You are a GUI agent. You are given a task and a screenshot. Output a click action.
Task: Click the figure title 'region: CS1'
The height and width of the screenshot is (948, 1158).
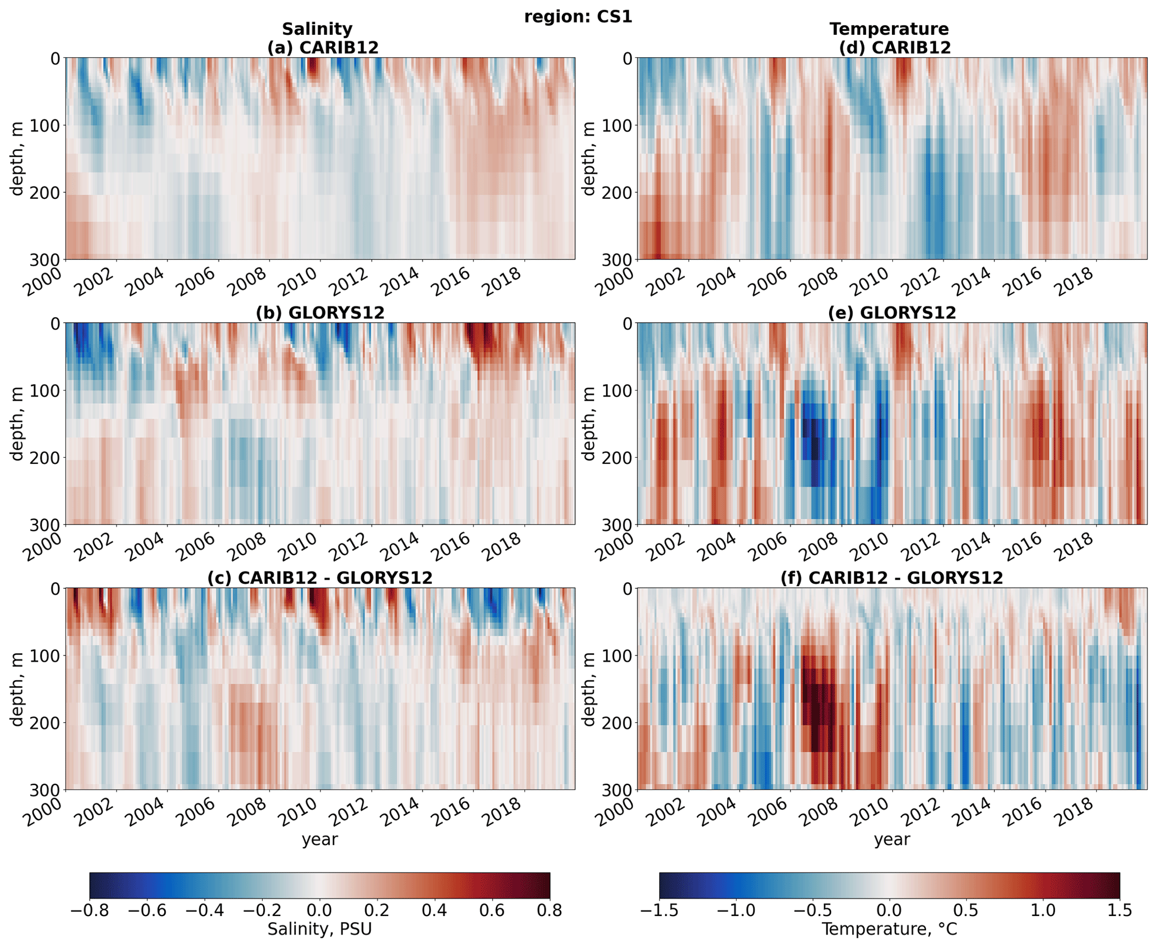pos(578,17)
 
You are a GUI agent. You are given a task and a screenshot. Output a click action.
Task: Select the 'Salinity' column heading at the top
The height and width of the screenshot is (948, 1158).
pos(317,29)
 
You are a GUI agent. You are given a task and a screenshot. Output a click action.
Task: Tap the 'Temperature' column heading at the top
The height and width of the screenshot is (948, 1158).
pos(889,29)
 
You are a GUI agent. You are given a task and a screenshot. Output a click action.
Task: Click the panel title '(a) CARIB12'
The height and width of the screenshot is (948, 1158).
pos(323,48)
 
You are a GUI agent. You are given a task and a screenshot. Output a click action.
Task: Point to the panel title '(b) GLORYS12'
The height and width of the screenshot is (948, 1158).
pos(320,313)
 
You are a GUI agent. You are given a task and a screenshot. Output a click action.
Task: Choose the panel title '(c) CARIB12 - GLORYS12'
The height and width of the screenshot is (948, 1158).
pos(320,578)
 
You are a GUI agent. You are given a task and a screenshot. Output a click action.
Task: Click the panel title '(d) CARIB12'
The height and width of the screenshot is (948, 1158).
pos(895,48)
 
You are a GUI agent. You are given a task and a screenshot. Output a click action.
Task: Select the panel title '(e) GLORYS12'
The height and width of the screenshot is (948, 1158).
pos(892,313)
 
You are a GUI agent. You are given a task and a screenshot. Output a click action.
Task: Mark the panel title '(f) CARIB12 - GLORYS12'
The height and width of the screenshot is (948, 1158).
pos(892,578)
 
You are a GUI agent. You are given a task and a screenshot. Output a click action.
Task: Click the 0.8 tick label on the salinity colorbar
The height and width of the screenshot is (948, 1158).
pos(549,910)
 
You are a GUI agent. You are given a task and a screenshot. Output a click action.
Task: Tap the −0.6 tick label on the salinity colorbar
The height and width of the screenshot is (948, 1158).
pos(147,910)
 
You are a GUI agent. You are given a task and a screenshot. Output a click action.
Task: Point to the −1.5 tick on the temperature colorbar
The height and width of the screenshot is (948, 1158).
pos(659,910)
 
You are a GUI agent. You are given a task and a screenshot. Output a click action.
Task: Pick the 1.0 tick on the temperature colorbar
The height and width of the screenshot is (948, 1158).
pos(1043,910)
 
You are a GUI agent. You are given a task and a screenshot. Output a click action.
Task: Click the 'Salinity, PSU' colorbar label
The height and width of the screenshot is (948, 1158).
pos(319,930)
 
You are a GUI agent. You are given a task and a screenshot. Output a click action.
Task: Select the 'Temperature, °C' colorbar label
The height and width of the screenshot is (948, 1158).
pos(889,930)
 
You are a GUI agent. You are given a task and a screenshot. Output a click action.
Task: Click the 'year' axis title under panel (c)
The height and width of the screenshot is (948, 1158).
pos(320,839)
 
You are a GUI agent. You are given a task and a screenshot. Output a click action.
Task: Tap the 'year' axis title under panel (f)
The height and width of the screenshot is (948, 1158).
pos(892,839)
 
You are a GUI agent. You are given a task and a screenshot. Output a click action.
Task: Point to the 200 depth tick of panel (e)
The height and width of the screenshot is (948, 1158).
pos(616,458)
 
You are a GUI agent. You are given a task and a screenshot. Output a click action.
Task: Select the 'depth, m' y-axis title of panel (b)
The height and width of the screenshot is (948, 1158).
pos(17,424)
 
